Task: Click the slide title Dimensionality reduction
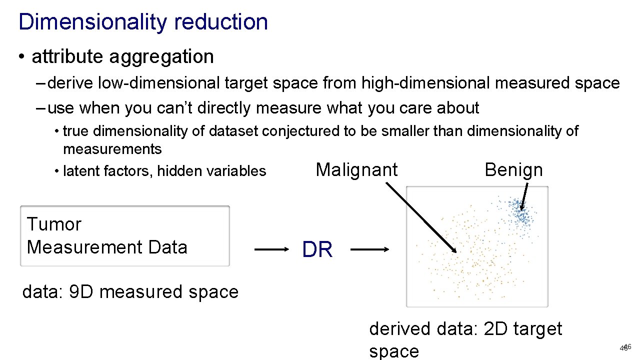pyautogui.click(x=143, y=22)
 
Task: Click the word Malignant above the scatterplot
pyautogui.click(x=356, y=170)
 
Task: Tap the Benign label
pyautogui.click(x=513, y=170)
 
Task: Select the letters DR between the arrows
pyautogui.click(x=317, y=249)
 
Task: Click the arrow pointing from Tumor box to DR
pyautogui.click(x=272, y=249)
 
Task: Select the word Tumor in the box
pyautogui.click(x=53, y=224)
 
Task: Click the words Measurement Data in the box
pyautogui.click(x=107, y=247)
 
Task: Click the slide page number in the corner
pyautogui.click(x=625, y=347)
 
